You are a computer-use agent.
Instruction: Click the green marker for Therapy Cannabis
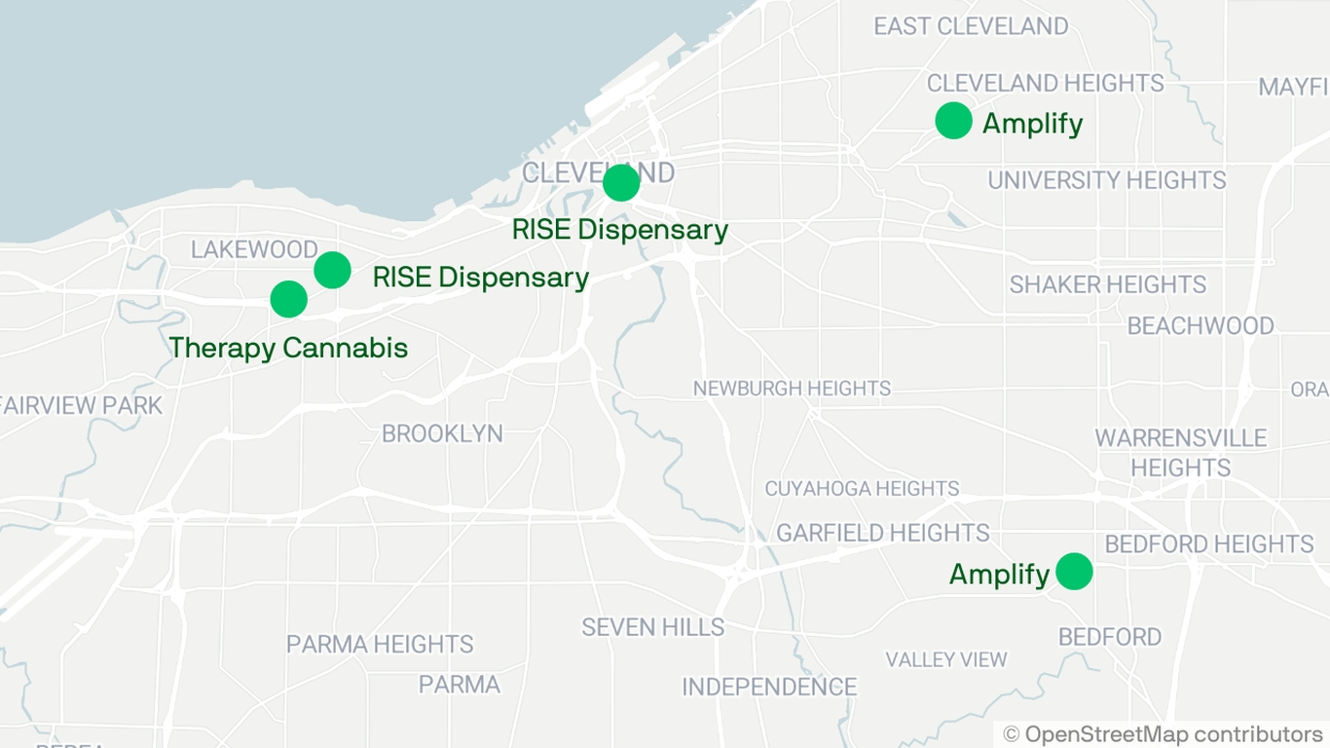[x=288, y=299]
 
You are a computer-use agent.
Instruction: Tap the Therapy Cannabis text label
[x=288, y=348]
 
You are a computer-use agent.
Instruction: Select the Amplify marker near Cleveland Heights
[x=953, y=121]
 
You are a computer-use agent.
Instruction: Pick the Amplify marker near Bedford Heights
[x=1074, y=572]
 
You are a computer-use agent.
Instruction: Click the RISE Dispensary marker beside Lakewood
[x=332, y=270]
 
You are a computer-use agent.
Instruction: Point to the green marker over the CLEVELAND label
[x=621, y=182]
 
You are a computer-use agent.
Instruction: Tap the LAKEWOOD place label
[x=254, y=249]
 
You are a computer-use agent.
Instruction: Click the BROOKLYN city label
[x=442, y=433]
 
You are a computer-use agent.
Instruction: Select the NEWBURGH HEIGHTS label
[x=792, y=389]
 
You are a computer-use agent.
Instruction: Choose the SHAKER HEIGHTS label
[x=1107, y=284]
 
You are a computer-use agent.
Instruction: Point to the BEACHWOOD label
[x=1200, y=325]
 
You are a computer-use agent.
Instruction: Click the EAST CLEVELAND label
[x=970, y=26]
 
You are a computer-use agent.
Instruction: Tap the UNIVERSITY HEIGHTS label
[x=1106, y=180]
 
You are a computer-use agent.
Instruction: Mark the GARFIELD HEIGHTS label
[x=882, y=533]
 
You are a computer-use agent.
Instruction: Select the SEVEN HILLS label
[x=652, y=627]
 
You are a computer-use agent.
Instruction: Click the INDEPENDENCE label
[x=769, y=687]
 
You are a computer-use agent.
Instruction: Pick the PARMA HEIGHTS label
[x=380, y=644]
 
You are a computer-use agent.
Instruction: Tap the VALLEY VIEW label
[x=945, y=659]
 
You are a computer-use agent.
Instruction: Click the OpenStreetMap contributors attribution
[x=1163, y=734]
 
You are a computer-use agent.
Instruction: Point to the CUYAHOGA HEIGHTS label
[x=862, y=488]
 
